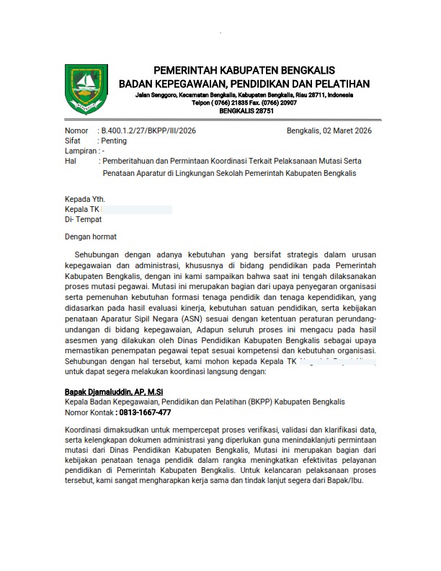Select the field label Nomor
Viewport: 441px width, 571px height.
click(76, 130)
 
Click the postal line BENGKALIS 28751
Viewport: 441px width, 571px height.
click(246, 111)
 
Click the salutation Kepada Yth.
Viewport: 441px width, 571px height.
click(85, 199)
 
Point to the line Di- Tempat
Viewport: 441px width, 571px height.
click(84, 219)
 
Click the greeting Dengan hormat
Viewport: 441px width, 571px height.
click(91, 236)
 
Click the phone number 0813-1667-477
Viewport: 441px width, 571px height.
click(146, 412)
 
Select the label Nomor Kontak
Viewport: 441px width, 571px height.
click(89, 412)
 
